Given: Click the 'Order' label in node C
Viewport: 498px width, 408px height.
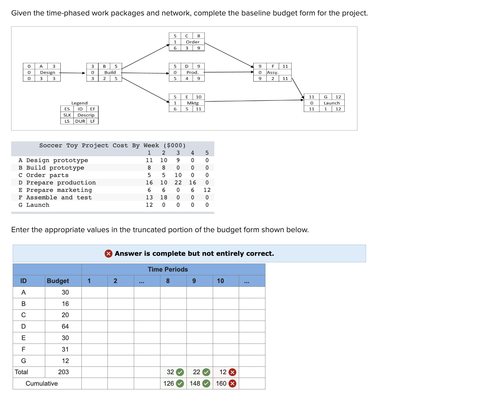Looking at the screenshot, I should click(x=193, y=42).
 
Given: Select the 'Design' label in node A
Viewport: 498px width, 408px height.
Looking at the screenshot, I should click(x=47, y=73).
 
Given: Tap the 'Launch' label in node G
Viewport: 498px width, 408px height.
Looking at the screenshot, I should click(x=332, y=103).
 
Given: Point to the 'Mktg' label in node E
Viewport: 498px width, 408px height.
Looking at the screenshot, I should click(x=193, y=103).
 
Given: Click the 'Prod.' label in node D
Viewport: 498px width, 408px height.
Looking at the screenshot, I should click(x=192, y=73).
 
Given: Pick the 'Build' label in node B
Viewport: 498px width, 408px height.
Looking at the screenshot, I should click(x=110, y=73).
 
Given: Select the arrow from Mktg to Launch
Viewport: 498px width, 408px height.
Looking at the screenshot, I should click(x=254, y=100).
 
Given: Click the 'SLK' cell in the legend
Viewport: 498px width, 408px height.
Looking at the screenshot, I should click(x=67, y=115).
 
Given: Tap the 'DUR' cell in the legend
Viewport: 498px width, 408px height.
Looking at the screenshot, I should click(x=80, y=121).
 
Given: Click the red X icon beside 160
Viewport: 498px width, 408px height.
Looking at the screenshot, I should click(x=233, y=384).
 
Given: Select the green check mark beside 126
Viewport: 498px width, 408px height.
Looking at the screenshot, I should click(x=180, y=384).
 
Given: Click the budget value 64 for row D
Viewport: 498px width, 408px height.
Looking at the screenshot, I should click(x=65, y=326).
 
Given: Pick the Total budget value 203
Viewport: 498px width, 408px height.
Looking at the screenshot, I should click(x=63, y=372).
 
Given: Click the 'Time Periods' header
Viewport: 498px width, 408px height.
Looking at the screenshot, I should click(x=168, y=269).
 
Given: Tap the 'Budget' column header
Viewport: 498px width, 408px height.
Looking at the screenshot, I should click(x=58, y=281).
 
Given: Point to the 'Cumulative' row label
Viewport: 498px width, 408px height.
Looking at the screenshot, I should click(x=41, y=384).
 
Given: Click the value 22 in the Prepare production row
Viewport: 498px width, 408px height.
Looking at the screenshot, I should click(x=178, y=183).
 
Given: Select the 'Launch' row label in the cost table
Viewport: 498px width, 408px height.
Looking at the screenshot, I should click(x=37, y=205).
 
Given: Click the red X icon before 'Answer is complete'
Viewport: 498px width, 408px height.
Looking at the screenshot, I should click(x=108, y=254).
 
